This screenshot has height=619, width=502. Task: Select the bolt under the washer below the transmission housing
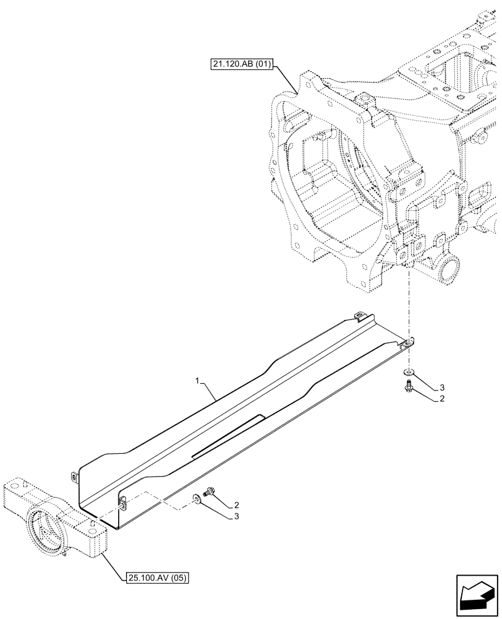(x=408, y=386)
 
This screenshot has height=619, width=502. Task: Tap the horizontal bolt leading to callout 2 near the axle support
(x=210, y=490)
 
